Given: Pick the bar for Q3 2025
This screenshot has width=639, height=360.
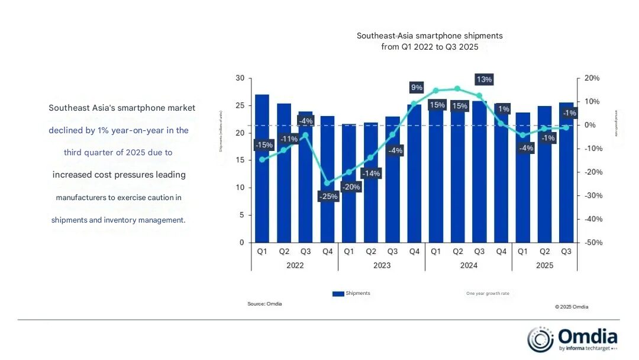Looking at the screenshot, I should tap(566, 172).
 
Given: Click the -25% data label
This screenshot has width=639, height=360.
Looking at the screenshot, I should tap(328, 197).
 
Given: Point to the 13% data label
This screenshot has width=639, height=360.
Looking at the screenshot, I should tap(484, 79).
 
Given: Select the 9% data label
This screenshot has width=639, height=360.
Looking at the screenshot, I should tap(417, 88).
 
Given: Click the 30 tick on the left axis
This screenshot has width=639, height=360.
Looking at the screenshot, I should tap(239, 78).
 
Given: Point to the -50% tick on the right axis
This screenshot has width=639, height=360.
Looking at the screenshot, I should tap(592, 243).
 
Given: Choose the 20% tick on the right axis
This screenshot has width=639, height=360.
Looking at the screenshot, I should tap(592, 78).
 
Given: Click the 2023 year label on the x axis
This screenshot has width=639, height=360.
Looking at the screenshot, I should tap(382, 265).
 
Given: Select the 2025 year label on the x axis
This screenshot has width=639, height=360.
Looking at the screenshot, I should tap(544, 265).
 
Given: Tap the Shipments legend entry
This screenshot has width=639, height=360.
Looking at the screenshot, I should tap(351, 293).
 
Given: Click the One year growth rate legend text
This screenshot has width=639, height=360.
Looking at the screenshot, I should tap(487, 294).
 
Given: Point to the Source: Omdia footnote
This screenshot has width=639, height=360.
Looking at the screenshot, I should tap(264, 304).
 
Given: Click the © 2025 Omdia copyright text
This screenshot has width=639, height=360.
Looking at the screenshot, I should tap(572, 307).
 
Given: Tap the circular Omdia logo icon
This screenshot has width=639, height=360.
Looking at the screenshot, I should tap(540, 339).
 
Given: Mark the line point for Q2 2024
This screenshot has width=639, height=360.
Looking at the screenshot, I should tap(457, 89).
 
